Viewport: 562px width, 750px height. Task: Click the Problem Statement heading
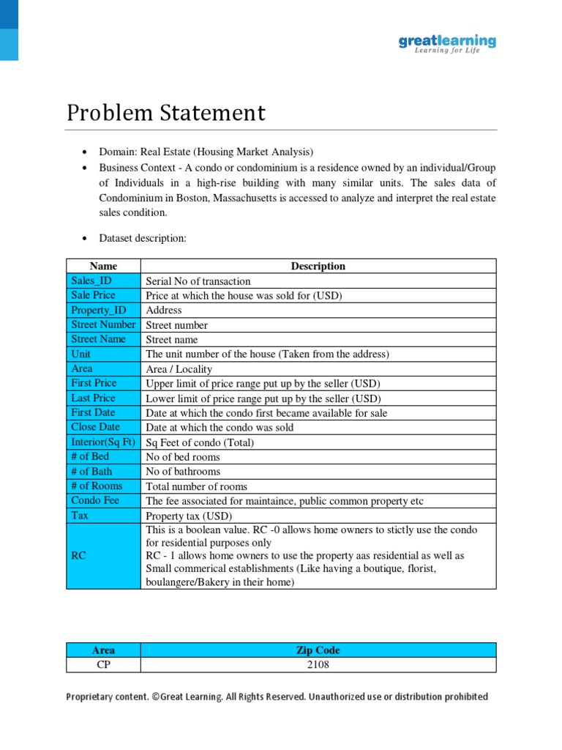click(166, 114)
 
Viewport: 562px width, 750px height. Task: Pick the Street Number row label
click(103, 324)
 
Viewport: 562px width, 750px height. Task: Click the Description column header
click(318, 266)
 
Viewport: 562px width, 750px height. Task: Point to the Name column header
click(103, 266)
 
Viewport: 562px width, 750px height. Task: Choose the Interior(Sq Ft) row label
click(103, 442)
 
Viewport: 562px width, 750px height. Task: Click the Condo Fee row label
click(95, 500)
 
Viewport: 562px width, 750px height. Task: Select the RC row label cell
click(79, 556)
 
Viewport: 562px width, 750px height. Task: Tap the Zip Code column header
click(318, 650)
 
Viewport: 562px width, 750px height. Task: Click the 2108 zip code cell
click(318, 665)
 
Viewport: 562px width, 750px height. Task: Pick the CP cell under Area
click(103, 665)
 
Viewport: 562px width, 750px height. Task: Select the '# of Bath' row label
click(91, 471)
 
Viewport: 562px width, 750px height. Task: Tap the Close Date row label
click(95, 427)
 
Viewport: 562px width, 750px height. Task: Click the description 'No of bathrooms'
click(183, 471)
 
